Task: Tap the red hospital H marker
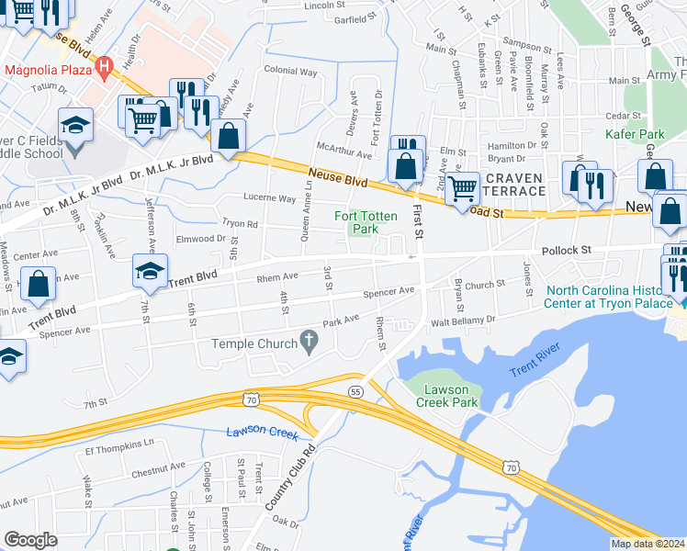[x=105, y=65]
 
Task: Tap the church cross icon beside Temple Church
[x=310, y=343]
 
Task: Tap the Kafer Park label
[x=634, y=134]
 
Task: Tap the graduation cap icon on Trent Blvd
[x=147, y=270]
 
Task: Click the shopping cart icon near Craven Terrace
[x=465, y=188]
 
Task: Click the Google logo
[x=30, y=540]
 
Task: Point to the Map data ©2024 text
[x=647, y=544]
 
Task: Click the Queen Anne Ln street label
[x=308, y=221]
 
